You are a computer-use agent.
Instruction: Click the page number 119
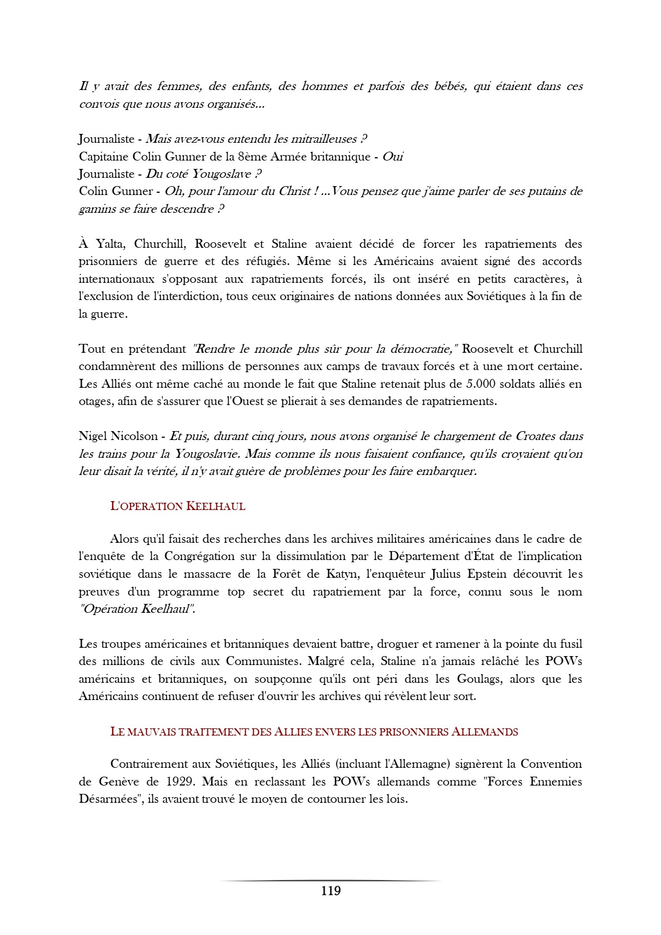point(330,891)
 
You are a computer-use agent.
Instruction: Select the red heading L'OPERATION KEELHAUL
point(178,506)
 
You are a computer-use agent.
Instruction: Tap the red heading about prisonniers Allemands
point(314,732)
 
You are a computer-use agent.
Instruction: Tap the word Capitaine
point(103,157)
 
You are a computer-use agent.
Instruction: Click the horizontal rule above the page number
point(330,881)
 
